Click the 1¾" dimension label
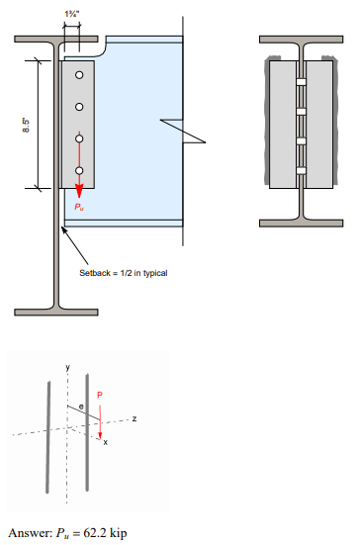click(71, 12)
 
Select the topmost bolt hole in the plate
click(79, 75)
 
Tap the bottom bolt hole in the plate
click(79, 170)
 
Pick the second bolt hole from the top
click(79, 106)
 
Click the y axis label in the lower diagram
click(68, 367)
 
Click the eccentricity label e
click(82, 406)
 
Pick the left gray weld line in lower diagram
click(46, 434)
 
